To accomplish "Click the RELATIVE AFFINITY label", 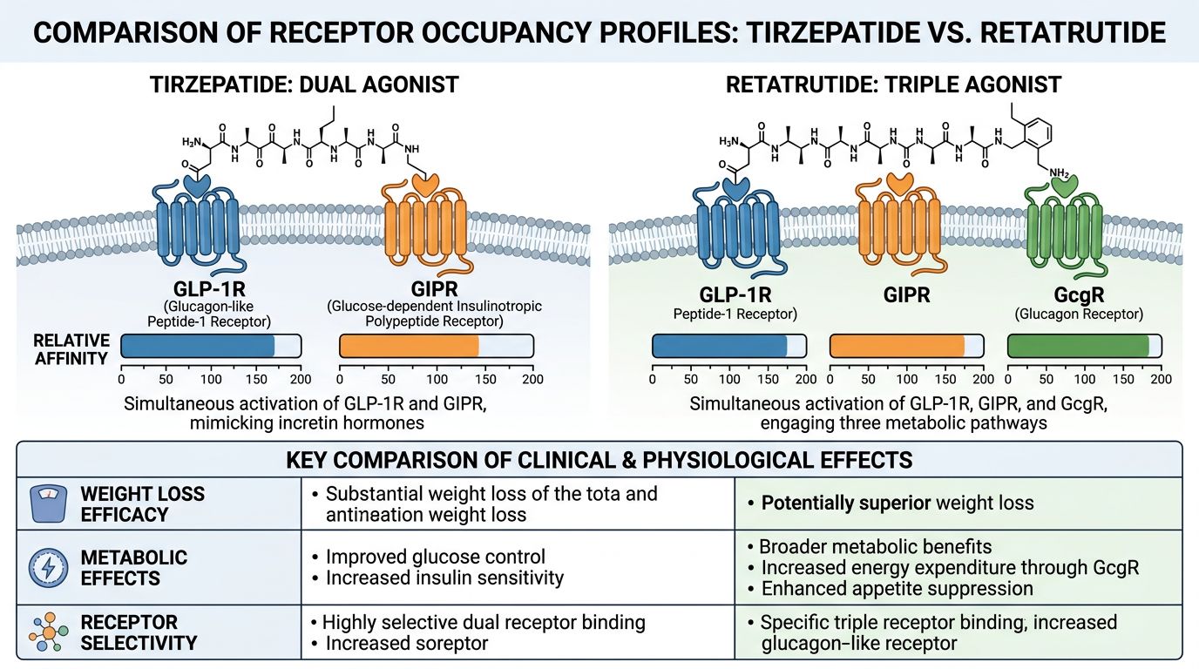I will click(71, 348).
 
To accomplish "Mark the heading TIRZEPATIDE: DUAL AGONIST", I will click(304, 84).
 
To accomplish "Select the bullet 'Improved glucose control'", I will click(435, 557).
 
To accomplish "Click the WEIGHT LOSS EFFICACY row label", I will click(143, 503).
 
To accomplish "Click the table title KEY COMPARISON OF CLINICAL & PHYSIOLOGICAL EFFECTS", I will click(599, 459).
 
